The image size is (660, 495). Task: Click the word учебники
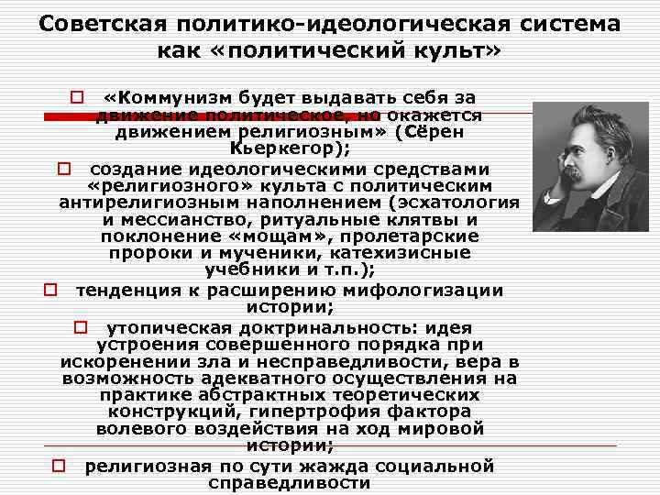coord(253,272)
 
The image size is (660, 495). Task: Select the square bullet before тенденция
coord(51,291)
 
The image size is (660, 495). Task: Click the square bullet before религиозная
coord(58,466)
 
